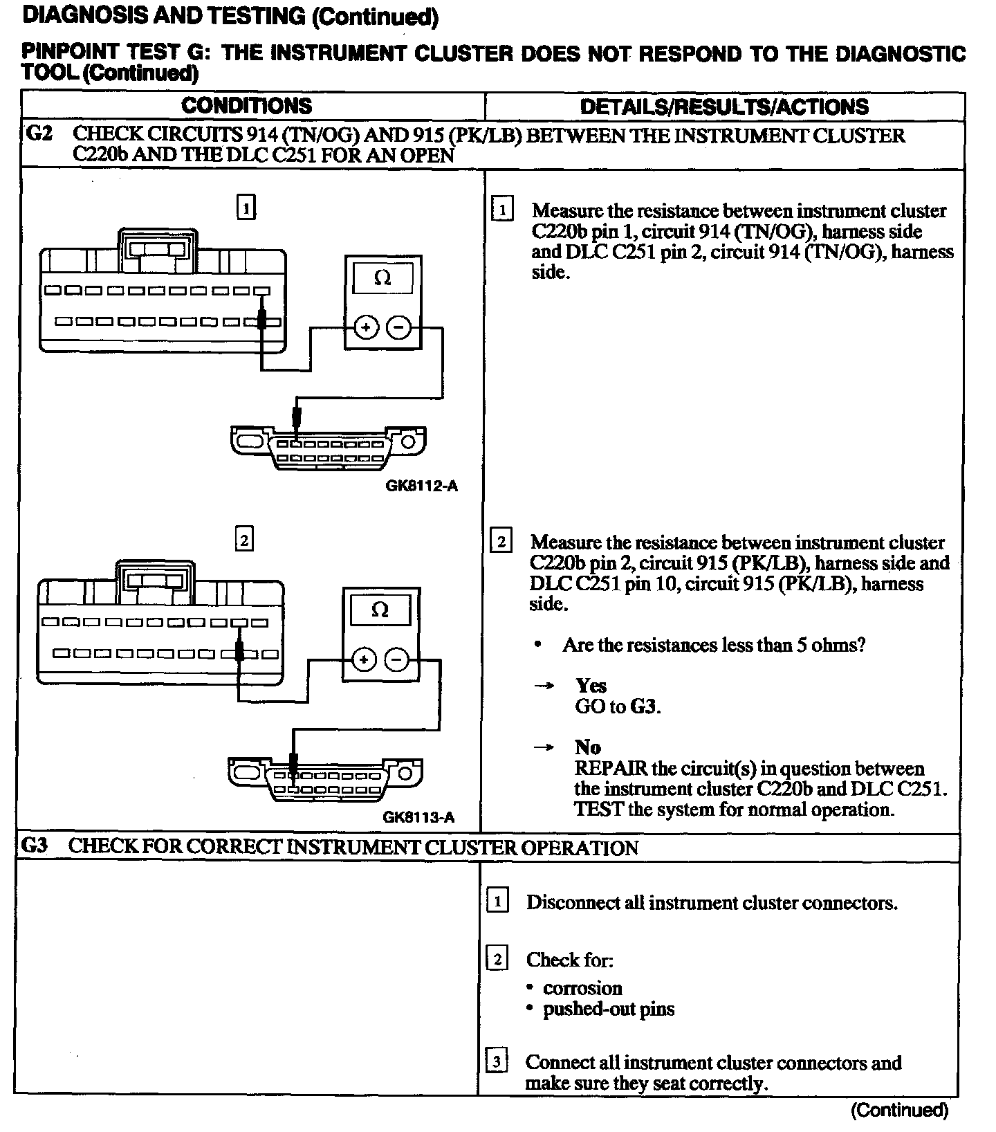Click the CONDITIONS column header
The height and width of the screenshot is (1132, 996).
click(246, 106)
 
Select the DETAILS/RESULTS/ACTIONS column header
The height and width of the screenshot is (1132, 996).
click(724, 107)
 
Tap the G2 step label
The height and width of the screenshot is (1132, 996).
click(38, 134)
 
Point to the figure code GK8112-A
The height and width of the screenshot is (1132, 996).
click(421, 486)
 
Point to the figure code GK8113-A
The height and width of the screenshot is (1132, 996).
click(418, 817)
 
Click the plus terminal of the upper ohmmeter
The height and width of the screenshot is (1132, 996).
click(366, 328)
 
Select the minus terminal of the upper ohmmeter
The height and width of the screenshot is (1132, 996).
click(398, 328)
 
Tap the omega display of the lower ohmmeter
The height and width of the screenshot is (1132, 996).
click(380, 610)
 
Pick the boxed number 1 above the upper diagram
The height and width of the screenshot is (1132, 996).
click(246, 207)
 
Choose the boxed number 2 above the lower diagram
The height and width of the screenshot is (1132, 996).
click(243, 539)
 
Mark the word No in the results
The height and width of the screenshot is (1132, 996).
click(587, 747)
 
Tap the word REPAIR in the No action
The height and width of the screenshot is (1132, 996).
click(611, 769)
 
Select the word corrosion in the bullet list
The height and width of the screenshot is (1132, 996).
click(582, 988)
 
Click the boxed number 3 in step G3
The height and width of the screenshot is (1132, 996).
click(497, 1061)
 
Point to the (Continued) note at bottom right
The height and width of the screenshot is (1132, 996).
click(898, 1111)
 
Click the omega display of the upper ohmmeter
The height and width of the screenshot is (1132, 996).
click(382, 279)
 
